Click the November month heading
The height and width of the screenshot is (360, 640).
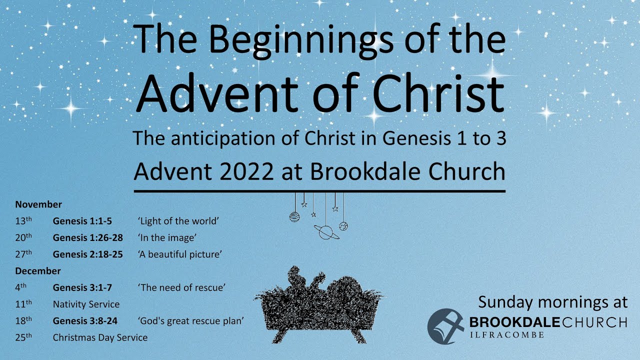38,204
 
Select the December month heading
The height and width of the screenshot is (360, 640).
38,271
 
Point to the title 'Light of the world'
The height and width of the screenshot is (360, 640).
179,221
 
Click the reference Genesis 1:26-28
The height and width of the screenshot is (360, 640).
88,237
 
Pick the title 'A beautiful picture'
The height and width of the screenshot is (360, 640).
179,254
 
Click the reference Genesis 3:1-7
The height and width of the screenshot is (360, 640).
82,287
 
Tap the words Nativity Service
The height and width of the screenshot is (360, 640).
86,304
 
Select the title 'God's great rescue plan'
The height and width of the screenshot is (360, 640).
191,320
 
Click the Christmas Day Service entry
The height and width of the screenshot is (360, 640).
100,337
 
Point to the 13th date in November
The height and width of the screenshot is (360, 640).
23,221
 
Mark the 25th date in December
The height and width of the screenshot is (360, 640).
23,337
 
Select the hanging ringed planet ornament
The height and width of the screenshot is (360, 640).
326,231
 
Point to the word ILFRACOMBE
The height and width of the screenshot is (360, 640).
506,334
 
